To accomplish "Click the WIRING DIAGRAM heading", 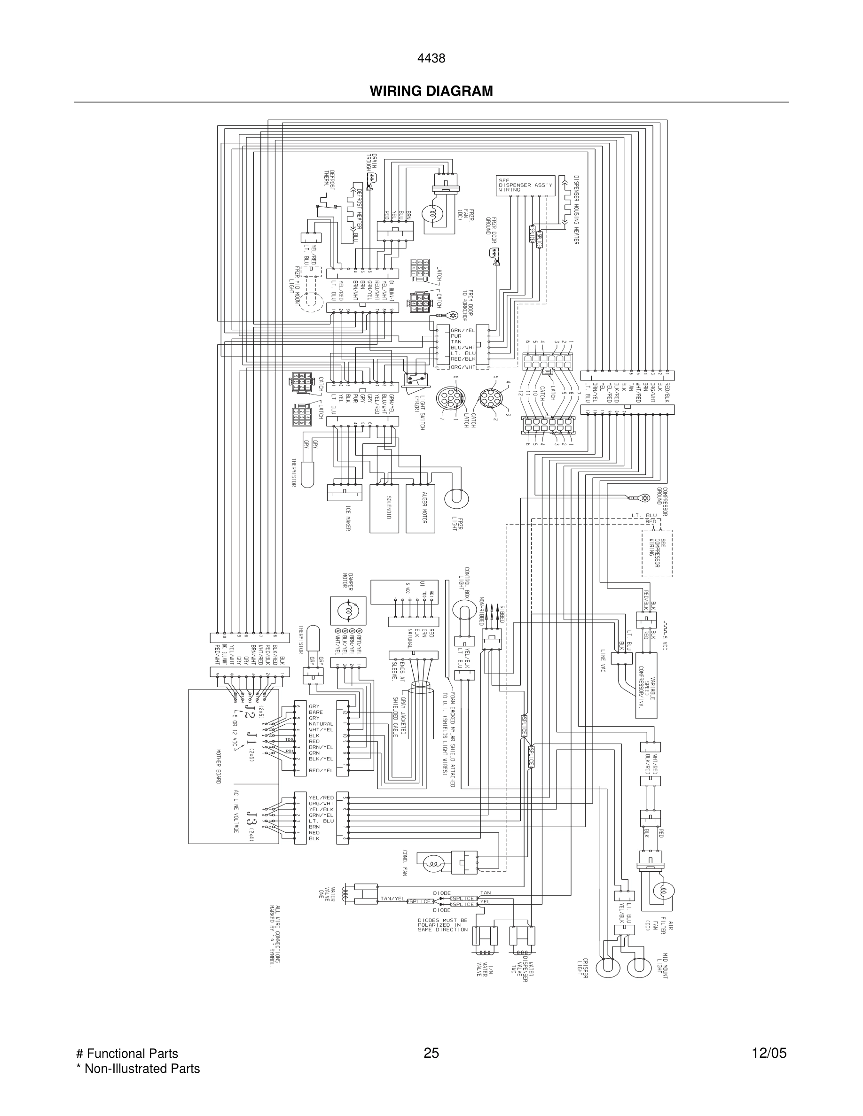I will click(431, 91).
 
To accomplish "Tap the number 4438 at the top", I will click(431, 58).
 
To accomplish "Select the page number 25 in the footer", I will click(431, 1053).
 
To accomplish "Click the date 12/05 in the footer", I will click(769, 1053).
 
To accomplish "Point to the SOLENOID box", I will click(384, 508).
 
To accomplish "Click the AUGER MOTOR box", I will click(421, 508).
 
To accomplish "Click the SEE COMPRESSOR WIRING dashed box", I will click(657, 553).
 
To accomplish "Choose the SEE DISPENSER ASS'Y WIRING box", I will click(517, 185).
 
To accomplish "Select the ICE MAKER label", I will click(348, 518).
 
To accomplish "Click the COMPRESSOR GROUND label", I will click(663, 500).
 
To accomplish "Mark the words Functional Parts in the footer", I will click(132, 1053).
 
